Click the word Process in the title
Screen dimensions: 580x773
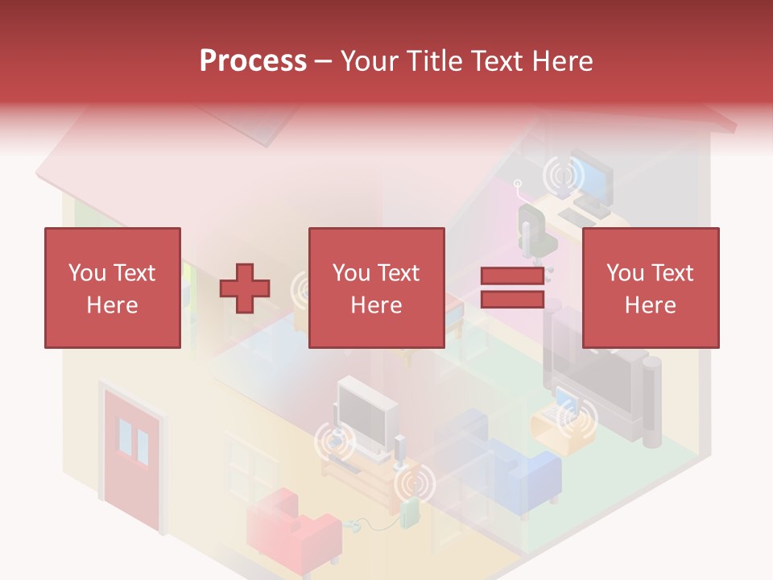(x=253, y=60)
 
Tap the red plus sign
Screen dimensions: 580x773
(x=245, y=288)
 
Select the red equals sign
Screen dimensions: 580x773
(x=512, y=288)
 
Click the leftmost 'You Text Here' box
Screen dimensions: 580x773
(x=112, y=288)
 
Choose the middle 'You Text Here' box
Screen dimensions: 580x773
(x=376, y=288)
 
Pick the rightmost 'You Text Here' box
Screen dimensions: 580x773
(x=650, y=288)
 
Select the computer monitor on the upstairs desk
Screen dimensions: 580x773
(x=594, y=176)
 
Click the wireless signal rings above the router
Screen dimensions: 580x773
(x=413, y=484)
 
